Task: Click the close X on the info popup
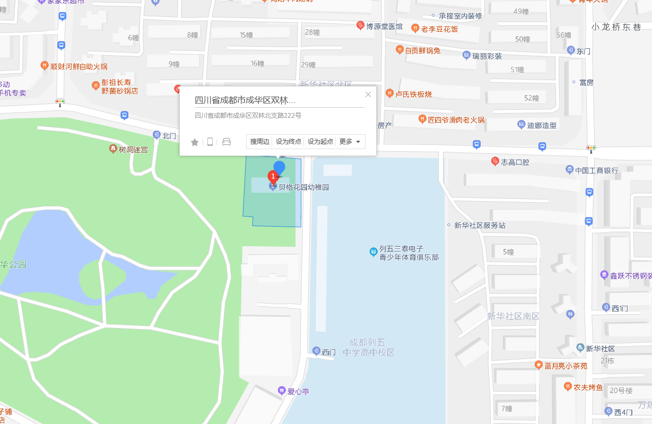[x=368, y=94]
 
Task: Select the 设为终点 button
[x=289, y=142]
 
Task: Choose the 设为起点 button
[x=320, y=142]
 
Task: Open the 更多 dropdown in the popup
[x=350, y=142]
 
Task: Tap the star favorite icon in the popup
[x=195, y=142]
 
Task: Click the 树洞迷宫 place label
[x=133, y=150]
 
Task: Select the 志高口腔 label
[x=515, y=162]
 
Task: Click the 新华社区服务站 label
[x=480, y=226]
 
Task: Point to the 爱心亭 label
[x=298, y=392]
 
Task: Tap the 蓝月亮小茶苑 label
[x=566, y=366]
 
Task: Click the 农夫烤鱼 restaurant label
[x=588, y=387]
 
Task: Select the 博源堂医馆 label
[x=384, y=26]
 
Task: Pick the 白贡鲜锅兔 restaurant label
[x=422, y=51]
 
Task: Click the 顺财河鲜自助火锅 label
[x=79, y=66]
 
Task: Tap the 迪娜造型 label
[x=541, y=125]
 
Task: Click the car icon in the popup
[x=227, y=142]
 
